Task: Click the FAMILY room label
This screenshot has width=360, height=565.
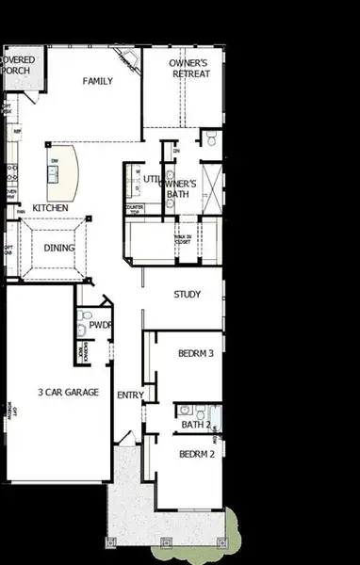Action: (98, 81)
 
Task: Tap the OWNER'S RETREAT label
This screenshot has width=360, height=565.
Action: (188, 68)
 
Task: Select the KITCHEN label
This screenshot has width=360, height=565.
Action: (50, 208)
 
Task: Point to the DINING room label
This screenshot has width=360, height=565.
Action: (58, 248)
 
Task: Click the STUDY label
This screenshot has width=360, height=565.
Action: (187, 295)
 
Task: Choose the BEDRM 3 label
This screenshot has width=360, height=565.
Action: (197, 354)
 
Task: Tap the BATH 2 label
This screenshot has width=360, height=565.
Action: (194, 426)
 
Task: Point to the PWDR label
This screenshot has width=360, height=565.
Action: (101, 325)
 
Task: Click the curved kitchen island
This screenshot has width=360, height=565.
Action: (62, 168)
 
